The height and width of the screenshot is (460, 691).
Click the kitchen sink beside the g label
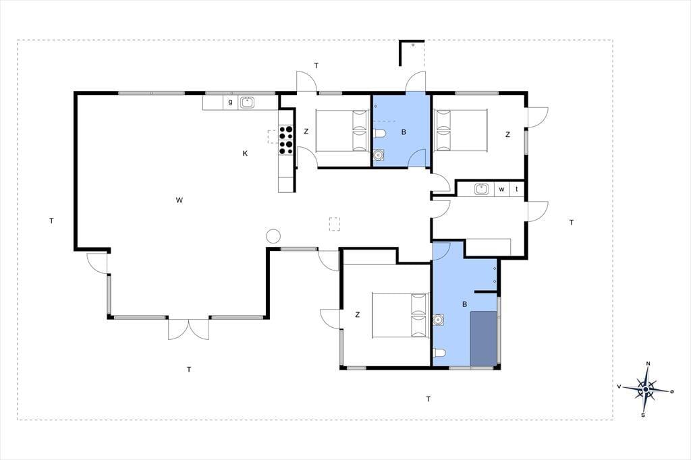(x=247, y=103)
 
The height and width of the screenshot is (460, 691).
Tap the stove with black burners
(x=286, y=140)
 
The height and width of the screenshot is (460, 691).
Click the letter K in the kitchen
(x=245, y=153)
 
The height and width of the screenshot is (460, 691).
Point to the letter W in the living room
(x=179, y=200)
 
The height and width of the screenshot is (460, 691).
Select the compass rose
(x=646, y=389)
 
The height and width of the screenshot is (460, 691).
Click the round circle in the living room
(x=273, y=236)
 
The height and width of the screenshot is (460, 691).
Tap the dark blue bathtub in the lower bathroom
(x=484, y=339)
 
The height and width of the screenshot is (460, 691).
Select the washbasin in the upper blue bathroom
(x=379, y=155)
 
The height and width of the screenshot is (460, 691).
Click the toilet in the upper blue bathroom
(x=380, y=133)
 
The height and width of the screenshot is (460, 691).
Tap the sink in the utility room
(x=482, y=189)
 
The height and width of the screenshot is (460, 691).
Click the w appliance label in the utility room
(x=501, y=190)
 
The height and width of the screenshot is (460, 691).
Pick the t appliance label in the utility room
(x=517, y=190)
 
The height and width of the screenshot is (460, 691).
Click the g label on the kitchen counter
(x=230, y=103)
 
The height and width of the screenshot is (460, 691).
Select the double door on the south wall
(x=189, y=328)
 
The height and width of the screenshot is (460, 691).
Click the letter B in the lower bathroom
(x=464, y=304)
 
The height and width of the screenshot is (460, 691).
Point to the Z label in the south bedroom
(x=358, y=314)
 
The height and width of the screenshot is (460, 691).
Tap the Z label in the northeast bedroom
(x=507, y=134)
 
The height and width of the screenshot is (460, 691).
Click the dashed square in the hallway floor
(x=335, y=224)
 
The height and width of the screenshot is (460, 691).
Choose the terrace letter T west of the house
(x=51, y=221)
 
